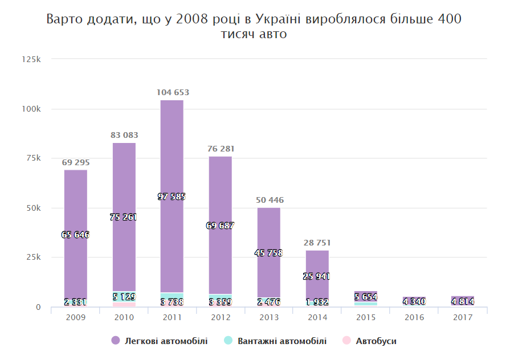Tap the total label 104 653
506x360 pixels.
coord(173,92)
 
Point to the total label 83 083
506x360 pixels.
coord(124,135)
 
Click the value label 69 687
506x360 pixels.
coord(220,226)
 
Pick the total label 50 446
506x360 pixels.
coord(268,200)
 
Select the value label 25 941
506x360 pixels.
coord(317,276)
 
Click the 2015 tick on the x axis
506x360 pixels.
coord(365,317)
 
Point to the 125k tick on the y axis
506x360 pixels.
coord(31,59)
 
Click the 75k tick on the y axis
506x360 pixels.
coord(33,158)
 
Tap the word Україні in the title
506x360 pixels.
coord(279,19)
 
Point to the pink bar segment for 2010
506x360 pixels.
coord(124,305)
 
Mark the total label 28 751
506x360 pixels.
coord(317,243)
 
